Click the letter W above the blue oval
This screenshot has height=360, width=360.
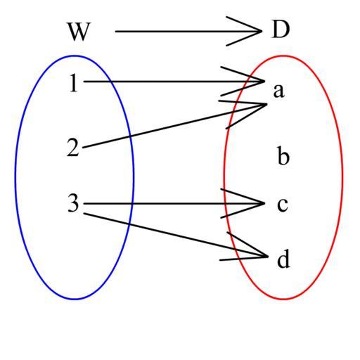tap(79, 32)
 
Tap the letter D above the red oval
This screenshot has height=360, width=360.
tap(281, 30)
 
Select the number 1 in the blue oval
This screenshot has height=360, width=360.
tap(74, 83)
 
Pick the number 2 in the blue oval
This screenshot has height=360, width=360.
tap(73, 148)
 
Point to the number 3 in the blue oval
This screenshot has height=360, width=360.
tap(73, 203)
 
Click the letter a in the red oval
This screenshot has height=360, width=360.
tap(279, 91)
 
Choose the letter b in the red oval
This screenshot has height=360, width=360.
tap(283, 155)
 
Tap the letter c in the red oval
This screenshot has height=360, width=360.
tap(283, 205)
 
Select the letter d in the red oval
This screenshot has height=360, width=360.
tap(283, 259)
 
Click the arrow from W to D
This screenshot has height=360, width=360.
tap(188, 31)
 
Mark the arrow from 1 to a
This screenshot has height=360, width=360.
tap(174, 82)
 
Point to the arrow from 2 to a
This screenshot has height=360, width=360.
tap(174, 126)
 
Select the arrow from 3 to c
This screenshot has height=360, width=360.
tap(174, 203)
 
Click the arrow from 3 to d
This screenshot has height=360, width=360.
tap(176, 235)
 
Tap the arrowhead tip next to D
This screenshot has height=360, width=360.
tap(262, 31)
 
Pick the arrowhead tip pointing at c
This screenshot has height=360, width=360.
tap(264, 203)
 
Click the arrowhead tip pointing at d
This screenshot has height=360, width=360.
tap(268, 257)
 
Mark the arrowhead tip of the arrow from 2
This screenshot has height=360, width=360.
tap(267, 104)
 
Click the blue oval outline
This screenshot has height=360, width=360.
tap(15, 177)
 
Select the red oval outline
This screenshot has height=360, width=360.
tap(342, 177)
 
